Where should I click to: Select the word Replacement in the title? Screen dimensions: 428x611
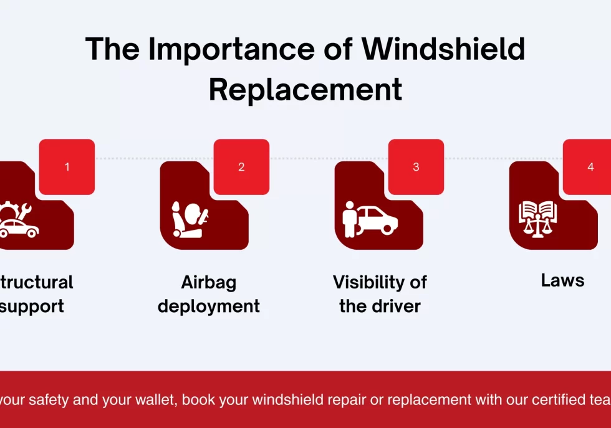305,90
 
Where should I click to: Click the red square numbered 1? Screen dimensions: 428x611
67,166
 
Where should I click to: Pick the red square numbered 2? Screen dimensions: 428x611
241,166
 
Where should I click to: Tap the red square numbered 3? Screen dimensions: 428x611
416,166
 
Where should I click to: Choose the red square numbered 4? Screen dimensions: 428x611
589,166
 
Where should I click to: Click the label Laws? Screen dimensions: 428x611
562,280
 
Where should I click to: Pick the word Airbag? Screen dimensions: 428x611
209,282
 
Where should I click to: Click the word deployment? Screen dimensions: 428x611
209,307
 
